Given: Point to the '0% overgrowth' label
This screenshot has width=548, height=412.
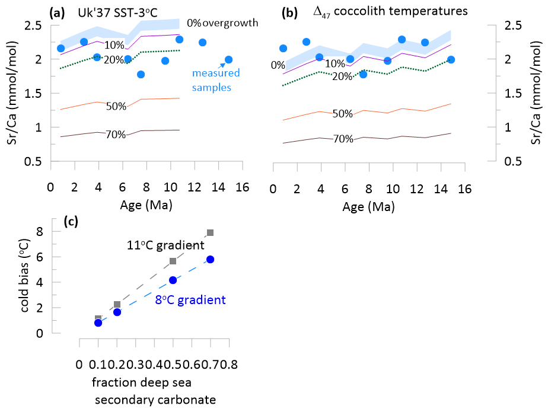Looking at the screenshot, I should click(x=222, y=23).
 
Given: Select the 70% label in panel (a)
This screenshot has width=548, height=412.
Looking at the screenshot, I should click(x=116, y=135).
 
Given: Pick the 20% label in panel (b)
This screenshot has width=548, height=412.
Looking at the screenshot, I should click(x=343, y=76).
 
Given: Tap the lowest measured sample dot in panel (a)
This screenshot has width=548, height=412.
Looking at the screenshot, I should click(x=141, y=74).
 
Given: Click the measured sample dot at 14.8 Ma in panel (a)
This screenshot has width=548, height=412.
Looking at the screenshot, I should click(x=228, y=59).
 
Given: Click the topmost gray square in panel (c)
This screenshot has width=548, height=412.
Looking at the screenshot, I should click(x=210, y=233).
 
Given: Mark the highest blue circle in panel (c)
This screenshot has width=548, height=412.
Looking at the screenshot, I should click(x=210, y=259).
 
